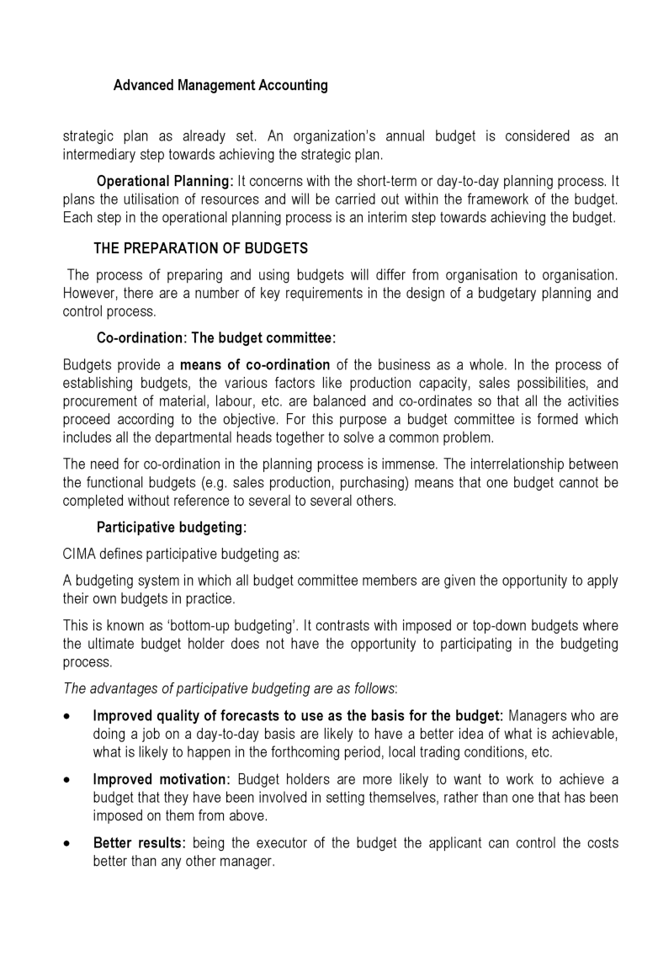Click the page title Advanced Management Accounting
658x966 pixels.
[x=220, y=86]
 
